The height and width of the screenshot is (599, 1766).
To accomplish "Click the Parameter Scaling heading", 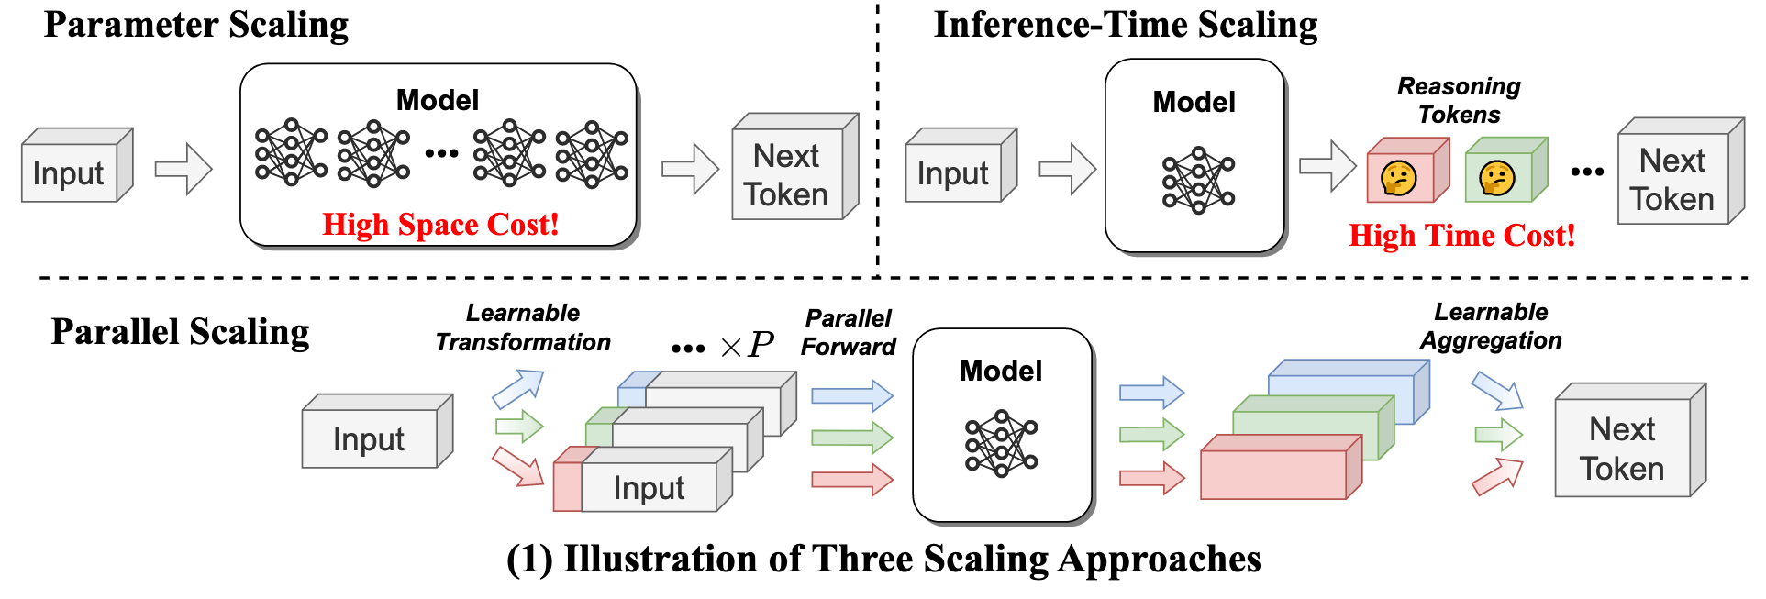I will [x=195, y=25].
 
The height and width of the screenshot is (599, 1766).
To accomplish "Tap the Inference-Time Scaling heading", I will [x=1125, y=25].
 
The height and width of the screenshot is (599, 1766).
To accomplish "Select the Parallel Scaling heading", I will [x=180, y=331].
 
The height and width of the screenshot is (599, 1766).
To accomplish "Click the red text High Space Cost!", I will [x=440, y=225].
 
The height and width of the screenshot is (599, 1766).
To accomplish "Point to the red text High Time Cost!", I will [x=1461, y=236].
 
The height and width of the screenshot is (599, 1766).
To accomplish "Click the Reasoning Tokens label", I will [x=1459, y=100].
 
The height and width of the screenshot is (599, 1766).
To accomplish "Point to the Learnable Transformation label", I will [x=523, y=327].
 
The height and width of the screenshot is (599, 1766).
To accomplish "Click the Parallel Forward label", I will [x=848, y=332].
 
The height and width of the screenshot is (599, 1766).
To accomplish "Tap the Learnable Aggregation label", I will [x=1491, y=326].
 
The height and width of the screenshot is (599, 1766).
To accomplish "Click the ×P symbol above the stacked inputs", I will [x=747, y=346].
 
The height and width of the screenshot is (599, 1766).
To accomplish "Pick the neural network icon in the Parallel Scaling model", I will [x=1001, y=443].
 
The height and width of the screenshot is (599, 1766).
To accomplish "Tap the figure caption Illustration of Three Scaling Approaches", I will [x=883, y=559].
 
